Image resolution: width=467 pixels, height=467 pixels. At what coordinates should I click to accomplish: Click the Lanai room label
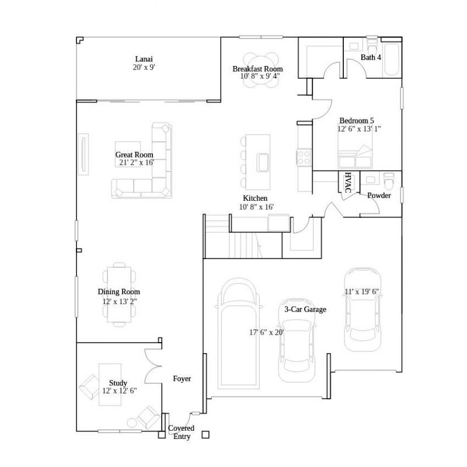pyautogui.click(x=144, y=59)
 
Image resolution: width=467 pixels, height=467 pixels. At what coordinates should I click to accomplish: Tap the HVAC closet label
pyautogui.click(x=348, y=182)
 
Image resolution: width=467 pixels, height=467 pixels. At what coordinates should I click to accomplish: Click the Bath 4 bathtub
pyautogui.click(x=392, y=58)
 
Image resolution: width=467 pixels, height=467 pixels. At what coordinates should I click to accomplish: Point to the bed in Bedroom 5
pyautogui.click(x=354, y=156)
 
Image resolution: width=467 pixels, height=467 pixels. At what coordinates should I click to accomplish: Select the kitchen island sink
pyautogui.click(x=263, y=161)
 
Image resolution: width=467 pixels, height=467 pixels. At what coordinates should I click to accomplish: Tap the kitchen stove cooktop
pyautogui.click(x=304, y=156)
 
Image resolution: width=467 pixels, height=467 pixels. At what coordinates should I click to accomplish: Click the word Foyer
pyautogui.click(x=182, y=379)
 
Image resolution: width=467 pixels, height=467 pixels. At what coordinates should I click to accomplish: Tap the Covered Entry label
pyautogui.click(x=181, y=433)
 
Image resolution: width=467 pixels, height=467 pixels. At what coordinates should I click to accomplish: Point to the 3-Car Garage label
pyautogui.click(x=305, y=309)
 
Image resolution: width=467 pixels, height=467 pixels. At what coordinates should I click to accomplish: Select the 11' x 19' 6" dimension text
pyautogui.click(x=366, y=291)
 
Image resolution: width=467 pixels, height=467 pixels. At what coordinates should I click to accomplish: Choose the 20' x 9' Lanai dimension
pyautogui.click(x=144, y=68)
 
